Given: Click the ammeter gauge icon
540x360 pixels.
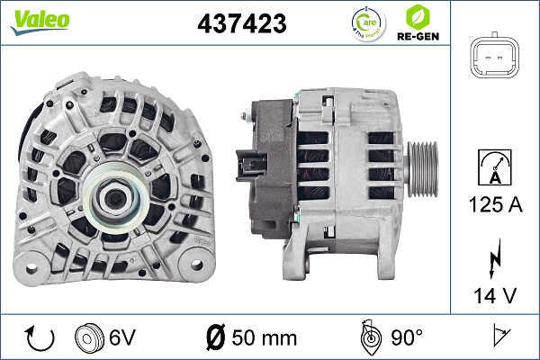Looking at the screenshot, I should (x=496, y=166).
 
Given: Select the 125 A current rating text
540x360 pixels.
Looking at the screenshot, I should (x=496, y=205).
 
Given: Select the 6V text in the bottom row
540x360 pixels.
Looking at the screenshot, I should (x=123, y=337).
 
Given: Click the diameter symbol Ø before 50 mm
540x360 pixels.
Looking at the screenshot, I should (x=213, y=337).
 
